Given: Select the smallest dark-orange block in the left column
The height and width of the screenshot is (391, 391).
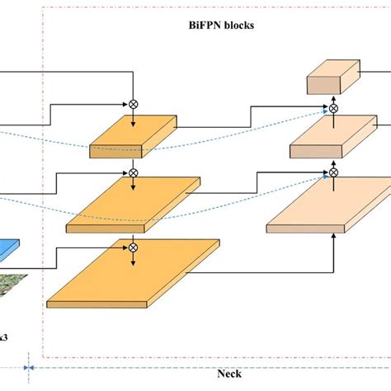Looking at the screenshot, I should (x=132, y=137).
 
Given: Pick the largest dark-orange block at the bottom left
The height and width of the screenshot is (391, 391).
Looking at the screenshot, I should (x=132, y=277).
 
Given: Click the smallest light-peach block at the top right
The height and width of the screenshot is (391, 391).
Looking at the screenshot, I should (x=333, y=80).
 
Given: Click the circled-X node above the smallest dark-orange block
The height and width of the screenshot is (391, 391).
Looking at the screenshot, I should (x=133, y=105).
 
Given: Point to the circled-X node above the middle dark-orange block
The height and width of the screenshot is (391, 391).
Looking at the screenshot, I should (x=133, y=173).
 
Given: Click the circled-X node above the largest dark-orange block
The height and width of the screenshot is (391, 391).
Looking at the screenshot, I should (x=133, y=245).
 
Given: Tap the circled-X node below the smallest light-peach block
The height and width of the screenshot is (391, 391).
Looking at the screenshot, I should (x=334, y=107).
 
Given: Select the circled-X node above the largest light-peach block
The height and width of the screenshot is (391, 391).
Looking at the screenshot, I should (x=334, y=173).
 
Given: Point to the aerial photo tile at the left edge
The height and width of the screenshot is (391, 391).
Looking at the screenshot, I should (x=12, y=285).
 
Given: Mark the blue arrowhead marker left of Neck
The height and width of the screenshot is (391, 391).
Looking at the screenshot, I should (x=29, y=368).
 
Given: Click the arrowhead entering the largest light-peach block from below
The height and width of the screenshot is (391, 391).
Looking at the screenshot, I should (x=333, y=238).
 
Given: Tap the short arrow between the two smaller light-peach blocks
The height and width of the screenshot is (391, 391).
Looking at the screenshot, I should (x=334, y=122).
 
